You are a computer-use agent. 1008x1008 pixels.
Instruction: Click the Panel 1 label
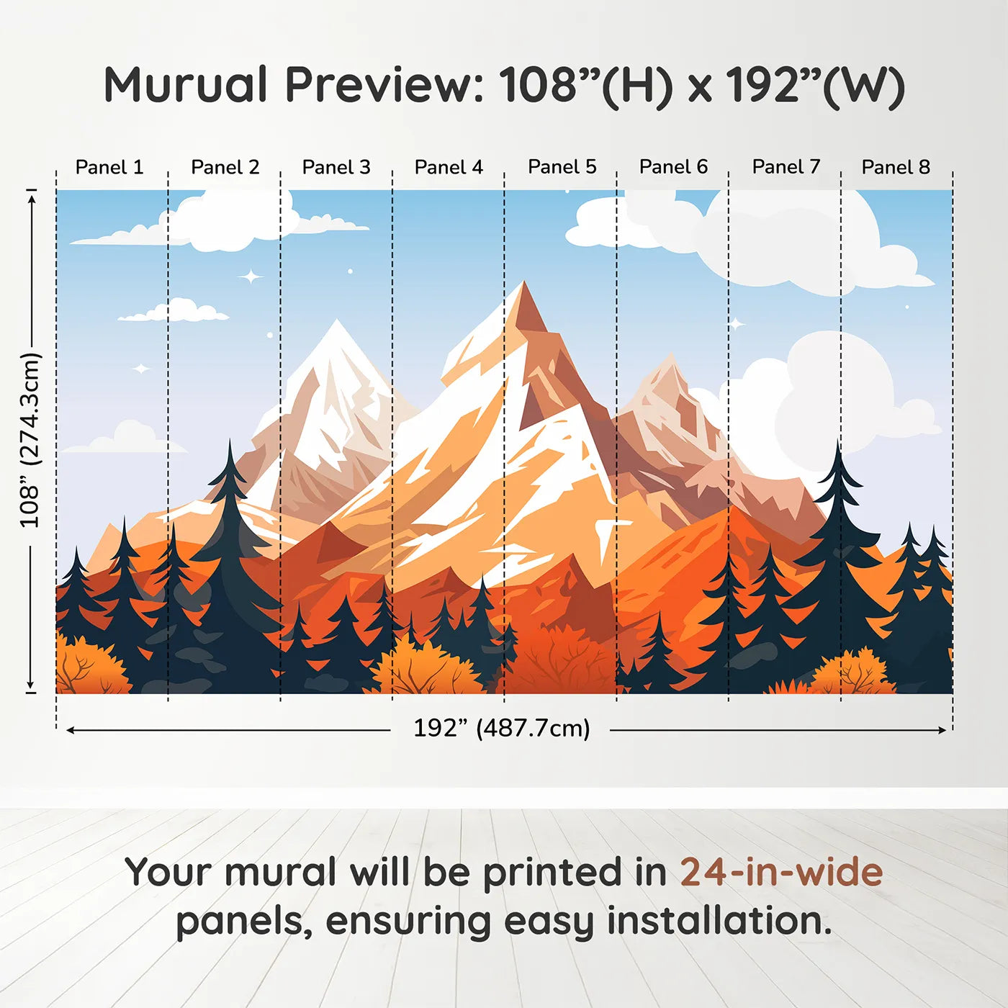109,167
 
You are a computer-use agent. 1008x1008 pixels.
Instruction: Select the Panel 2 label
225,167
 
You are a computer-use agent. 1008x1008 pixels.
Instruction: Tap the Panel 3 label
336,167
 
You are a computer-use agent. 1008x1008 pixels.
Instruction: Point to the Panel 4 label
449,167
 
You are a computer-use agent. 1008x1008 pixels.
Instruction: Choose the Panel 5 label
562,166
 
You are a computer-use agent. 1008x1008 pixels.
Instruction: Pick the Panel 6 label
674,167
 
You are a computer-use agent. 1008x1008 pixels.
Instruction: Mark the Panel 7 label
786,167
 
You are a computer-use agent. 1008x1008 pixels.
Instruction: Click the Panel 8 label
896,167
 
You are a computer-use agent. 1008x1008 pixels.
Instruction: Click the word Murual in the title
186,85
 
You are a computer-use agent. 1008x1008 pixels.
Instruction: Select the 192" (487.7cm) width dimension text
501,728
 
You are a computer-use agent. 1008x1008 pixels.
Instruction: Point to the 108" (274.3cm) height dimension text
30,440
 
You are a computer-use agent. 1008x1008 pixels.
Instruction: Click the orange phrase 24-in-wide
781,872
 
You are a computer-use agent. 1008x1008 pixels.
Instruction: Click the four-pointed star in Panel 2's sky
251,276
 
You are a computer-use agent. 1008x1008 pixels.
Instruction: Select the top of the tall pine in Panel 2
230,441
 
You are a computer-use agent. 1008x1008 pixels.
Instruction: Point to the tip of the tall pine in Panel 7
838,444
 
